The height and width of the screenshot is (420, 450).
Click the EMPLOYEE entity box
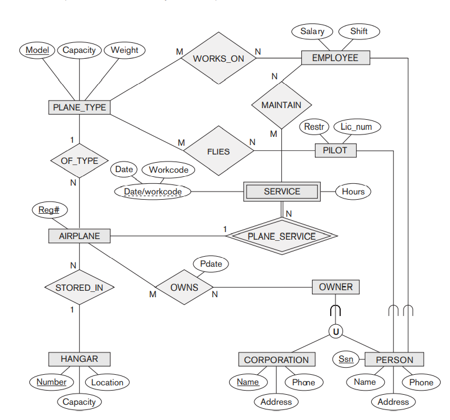(335, 58)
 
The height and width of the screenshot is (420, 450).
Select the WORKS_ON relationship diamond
(219, 58)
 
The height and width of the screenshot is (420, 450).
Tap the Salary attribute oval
(312, 31)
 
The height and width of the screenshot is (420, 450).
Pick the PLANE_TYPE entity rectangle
(79, 107)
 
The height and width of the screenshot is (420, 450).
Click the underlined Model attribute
(37, 50)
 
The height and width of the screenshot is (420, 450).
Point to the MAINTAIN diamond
(281, 105)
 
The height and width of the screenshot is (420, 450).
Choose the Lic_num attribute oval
(357, 127)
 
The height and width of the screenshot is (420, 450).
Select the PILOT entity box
(335, 150)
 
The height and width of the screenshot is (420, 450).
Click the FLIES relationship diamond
(219, 151)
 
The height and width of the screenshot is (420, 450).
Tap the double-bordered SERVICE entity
(282, 191)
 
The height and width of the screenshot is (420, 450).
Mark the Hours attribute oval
(353, 191)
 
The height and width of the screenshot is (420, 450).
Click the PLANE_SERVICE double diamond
(281, 236)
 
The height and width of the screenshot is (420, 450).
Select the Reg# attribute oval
(49, 210)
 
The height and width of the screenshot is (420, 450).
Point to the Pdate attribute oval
(211, 264)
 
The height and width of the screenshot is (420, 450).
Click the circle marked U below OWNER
(335, 332)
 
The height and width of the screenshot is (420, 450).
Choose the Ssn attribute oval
(346, 358)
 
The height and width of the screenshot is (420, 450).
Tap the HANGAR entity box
(79, 358)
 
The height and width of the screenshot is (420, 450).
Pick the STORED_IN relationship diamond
(79, 288)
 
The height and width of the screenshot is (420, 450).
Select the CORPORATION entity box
(276, 359)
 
